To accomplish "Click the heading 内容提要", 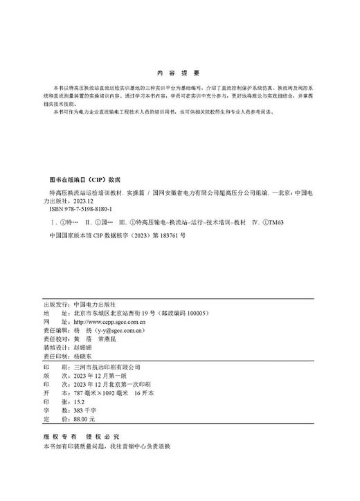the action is click(179, 73).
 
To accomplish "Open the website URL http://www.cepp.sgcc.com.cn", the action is click(109, 322).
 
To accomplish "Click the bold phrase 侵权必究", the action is click(103, 438).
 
